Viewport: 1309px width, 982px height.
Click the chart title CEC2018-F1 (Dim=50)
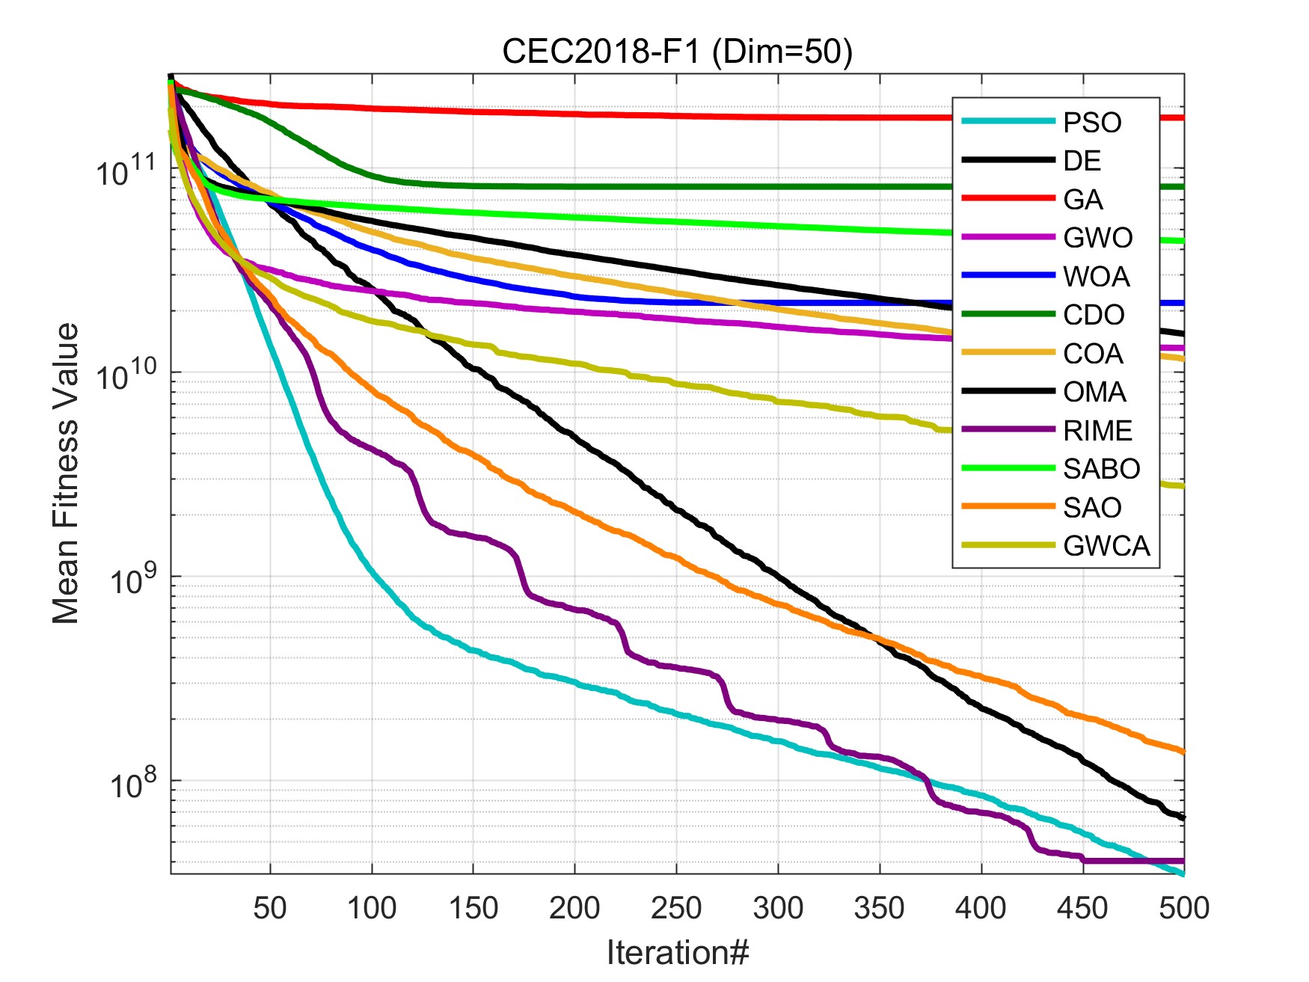677,52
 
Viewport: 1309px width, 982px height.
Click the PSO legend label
1092,123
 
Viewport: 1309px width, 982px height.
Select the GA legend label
1083,200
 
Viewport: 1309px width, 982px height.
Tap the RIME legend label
1097,431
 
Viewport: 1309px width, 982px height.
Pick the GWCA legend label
1106,546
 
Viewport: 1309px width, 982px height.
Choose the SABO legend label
1101,469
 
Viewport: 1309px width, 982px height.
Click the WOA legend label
1096,277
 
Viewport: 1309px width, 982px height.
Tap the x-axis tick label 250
676,908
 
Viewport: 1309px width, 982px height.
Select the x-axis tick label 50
270,908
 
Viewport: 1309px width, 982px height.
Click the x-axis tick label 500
1184,908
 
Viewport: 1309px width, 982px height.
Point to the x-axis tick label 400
981,908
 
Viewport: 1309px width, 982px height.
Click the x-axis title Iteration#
677,953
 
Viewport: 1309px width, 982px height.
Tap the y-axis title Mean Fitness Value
66,473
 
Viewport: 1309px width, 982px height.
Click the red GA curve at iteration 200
574,114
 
